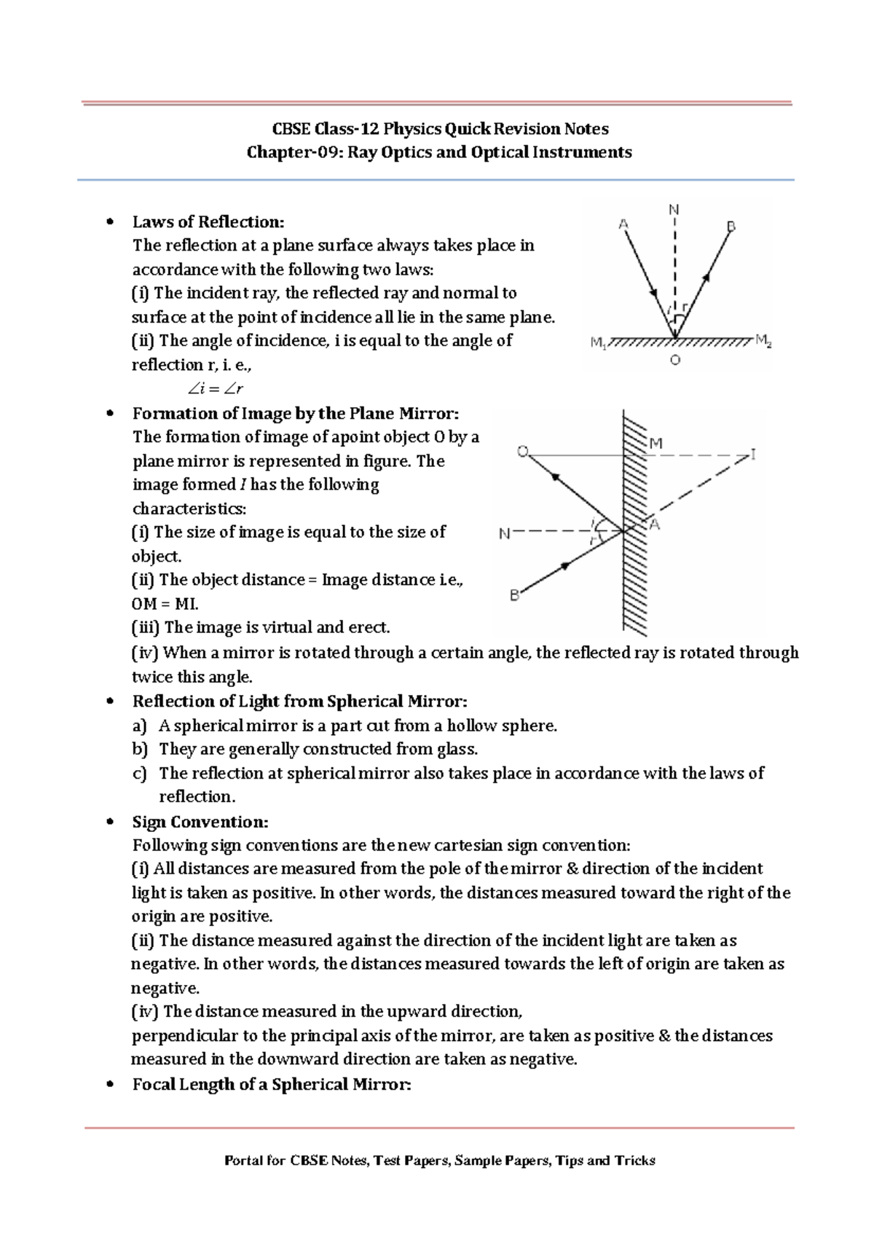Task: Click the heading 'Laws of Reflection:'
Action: pos(208,221)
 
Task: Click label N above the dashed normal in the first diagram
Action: pos(674,210)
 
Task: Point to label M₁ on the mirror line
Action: pos(598,342)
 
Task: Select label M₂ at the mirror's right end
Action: pos(763,340)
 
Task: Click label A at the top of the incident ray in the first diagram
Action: pos(623,224)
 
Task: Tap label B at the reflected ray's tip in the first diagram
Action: pos(731,227)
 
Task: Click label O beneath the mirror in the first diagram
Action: pos(675,361)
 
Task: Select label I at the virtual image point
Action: pos(753,455)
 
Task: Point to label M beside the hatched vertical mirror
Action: pos(655,443)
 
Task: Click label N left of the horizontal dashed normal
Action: pos(504,534)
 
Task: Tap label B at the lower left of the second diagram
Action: pos(514,595)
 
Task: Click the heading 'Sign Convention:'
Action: pos(200,822)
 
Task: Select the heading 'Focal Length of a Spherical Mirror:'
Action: pos(272,1084)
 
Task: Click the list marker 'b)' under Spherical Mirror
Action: pos(140,749)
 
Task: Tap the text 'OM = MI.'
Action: pos(165,603)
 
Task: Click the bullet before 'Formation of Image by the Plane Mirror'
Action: pos(110,414)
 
